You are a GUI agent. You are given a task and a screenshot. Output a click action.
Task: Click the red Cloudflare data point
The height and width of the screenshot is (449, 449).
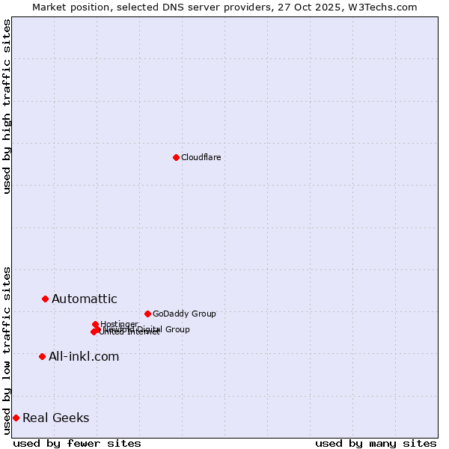[176, 157]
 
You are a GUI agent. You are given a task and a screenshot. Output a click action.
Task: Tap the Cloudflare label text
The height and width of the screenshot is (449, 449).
[201, 157]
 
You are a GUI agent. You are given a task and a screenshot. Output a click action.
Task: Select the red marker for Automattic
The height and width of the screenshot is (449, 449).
[45, 299]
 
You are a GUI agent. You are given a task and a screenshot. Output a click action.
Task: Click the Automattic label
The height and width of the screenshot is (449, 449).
[84, 299]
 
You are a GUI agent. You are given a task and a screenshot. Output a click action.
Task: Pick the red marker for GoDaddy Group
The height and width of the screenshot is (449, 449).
[147, 314]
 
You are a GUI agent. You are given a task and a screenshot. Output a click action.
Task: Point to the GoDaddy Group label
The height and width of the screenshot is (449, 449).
[184, 314]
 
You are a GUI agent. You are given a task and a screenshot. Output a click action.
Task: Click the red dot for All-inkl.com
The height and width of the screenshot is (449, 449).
[42, 356]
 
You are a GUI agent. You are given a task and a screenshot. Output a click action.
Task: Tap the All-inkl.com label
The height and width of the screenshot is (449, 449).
[83, 356]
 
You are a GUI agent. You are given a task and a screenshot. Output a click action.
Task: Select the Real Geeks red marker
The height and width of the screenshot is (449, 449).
[16, 418]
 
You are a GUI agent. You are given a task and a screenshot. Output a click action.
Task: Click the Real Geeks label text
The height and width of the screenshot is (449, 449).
[55, 418]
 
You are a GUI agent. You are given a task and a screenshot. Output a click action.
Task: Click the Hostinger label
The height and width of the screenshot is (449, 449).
[119, 324]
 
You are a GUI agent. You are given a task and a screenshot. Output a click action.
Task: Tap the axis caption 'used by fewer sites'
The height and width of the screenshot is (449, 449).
[77, 443]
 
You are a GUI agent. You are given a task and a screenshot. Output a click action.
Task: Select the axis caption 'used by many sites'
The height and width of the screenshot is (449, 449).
[376, 443]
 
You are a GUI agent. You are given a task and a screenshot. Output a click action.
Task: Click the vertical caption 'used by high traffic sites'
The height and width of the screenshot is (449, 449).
[7, 106]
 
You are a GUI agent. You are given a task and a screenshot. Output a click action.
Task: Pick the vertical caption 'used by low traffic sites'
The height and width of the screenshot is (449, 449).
[7, 350]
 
